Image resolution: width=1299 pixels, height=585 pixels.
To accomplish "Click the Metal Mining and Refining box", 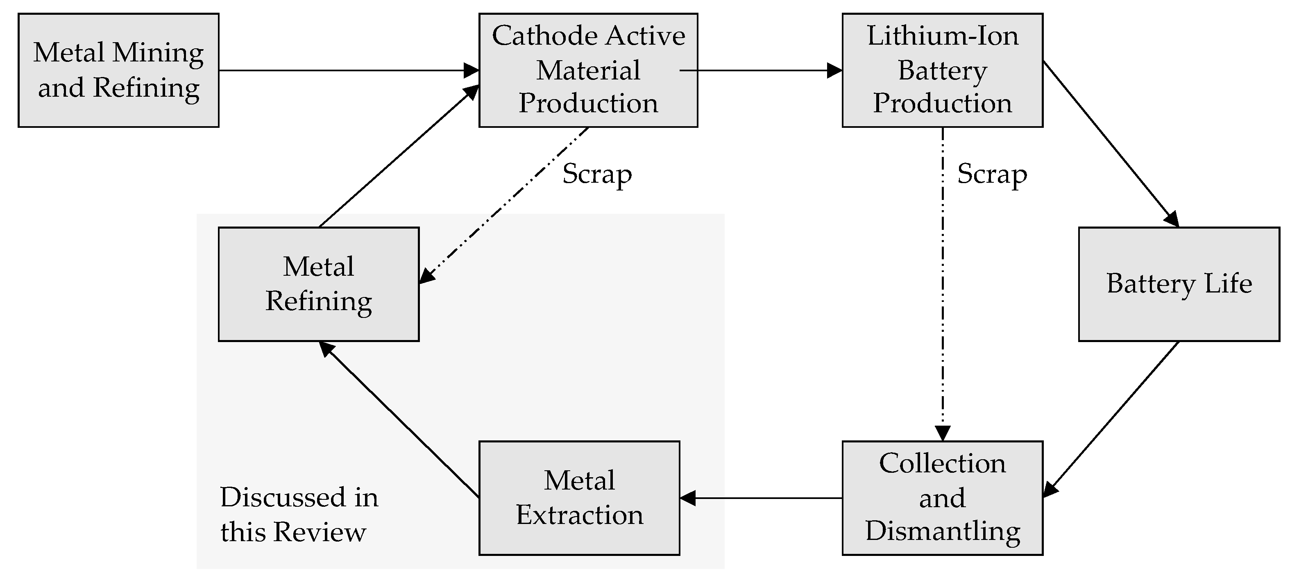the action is [x=118, y=70].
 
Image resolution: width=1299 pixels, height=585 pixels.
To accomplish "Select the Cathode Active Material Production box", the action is [x=588, y=70].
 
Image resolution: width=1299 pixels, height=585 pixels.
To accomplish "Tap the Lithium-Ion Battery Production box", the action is [x=943, y=70].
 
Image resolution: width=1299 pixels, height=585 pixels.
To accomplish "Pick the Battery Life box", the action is [x=1179, y=284].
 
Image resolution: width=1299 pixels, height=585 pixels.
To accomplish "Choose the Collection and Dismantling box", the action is [x=943, y=498].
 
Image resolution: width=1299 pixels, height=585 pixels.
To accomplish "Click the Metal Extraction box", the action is [x=579, y=498].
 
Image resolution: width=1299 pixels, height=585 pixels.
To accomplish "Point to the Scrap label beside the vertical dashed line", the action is [x=992, y=175].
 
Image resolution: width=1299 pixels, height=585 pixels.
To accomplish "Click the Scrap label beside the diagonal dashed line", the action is [x=597, y=175].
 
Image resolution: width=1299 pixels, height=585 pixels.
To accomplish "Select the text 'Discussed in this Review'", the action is [x=299, y=515].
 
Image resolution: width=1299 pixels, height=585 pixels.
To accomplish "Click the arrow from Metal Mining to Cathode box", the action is [x=349, y=70].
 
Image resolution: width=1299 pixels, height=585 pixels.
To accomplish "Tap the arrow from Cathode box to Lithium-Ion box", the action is [x=762, y=70].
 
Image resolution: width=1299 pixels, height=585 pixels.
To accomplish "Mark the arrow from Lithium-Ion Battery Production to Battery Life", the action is [x=1111, y=144].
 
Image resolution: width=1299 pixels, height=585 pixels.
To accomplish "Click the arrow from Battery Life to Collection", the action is [x=1111, y=419].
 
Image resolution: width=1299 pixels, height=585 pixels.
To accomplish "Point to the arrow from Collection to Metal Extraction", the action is [x=761, y=498].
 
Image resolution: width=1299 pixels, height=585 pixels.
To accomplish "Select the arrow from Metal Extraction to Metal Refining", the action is [x=399, y=419].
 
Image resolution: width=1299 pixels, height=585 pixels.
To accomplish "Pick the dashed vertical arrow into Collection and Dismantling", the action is [x=943, y=284].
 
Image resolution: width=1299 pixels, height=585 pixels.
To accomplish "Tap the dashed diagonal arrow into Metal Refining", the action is [x=504, y=205].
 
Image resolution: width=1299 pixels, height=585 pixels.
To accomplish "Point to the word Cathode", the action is [x=546, y=36].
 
